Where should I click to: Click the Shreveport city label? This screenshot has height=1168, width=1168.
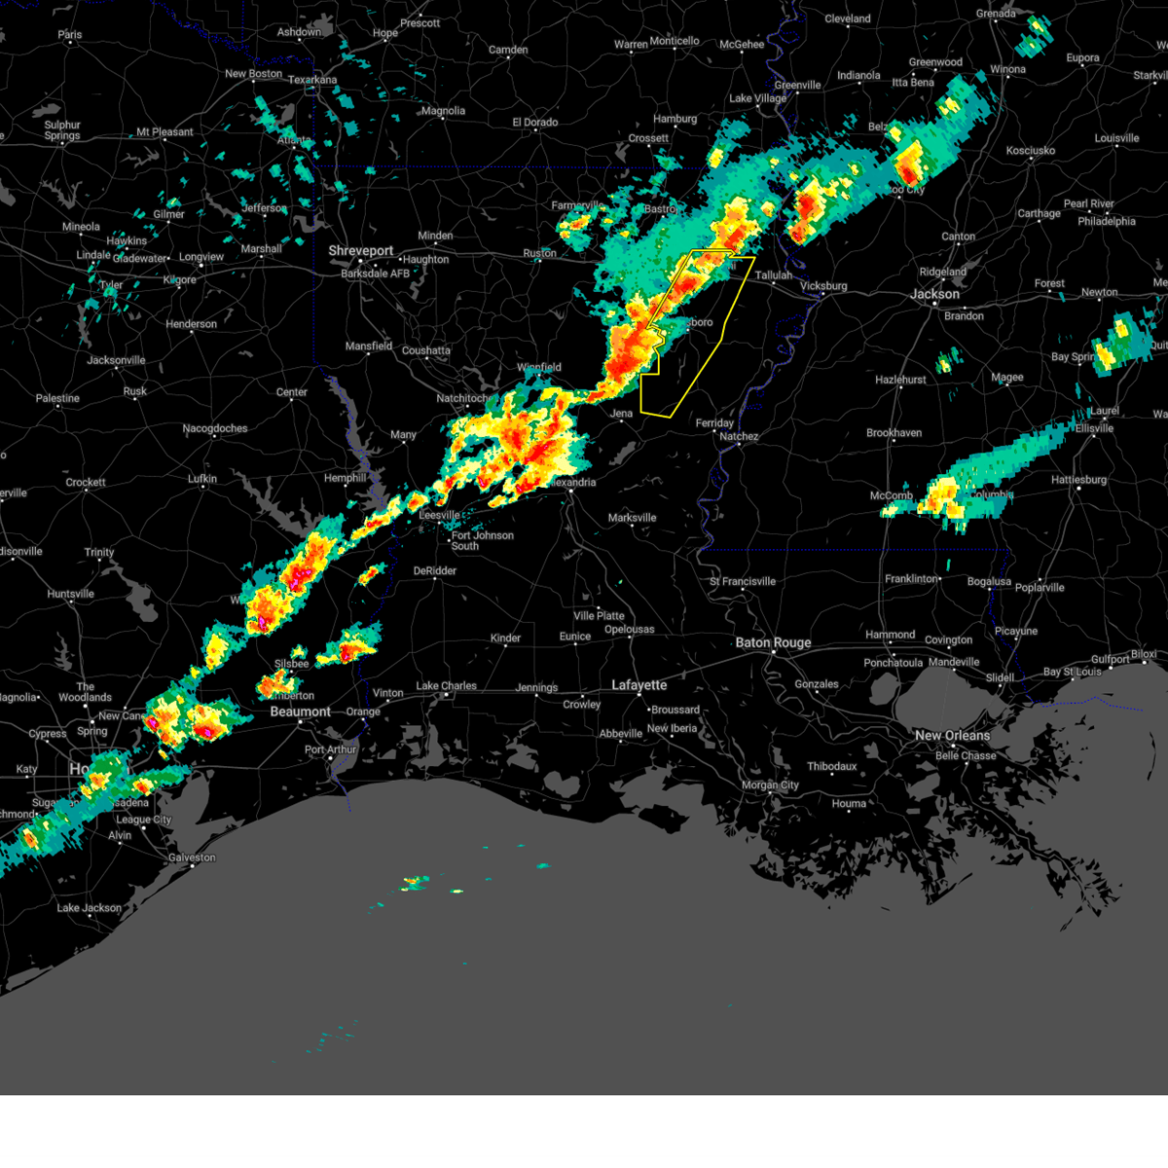(x=360, y=250)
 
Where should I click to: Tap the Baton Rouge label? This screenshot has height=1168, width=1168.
(x=773, y=642)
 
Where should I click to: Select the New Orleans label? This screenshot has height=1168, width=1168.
(x=952, y=735)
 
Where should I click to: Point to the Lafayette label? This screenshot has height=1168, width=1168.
(x=639, y=685)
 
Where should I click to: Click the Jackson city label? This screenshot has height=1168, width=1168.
(x=934, y=294)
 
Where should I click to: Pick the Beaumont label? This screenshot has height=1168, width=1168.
(x=300, y=712)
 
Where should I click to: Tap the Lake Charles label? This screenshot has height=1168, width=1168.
(x=446, y=686)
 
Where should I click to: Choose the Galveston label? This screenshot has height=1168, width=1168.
(x=192, y=858)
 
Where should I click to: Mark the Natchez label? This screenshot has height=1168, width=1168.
(x=739, y=436)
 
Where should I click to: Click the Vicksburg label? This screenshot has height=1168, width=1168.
(x=823, y=286)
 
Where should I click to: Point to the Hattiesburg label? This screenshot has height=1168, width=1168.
(x=1078, y=480)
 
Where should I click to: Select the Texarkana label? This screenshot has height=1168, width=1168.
(x=312, y=80)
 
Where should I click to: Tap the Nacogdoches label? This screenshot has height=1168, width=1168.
(x=215, y=428)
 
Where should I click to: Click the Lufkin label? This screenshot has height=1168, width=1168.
(x=202, y=479)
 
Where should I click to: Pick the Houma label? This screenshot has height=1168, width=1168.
(x=849, y=803)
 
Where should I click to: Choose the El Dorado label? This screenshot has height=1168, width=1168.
(x=535, y=123)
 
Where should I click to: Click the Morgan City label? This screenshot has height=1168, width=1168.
(x=770, y=785)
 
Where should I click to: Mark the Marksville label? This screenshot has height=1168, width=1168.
(x=632, y=518)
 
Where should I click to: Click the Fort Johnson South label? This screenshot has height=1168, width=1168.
(x=482, y=540)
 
